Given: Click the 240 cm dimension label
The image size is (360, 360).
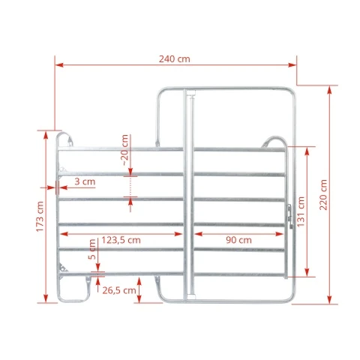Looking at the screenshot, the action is click(x=175, y=59).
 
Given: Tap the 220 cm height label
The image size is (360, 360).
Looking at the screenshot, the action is click(x=323, y=195).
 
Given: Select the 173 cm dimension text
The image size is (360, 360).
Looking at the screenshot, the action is click(x=40, y=217).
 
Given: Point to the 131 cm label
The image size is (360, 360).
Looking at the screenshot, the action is click(x=301, y=211).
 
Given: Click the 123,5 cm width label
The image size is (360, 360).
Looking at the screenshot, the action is click(x=121, y=240).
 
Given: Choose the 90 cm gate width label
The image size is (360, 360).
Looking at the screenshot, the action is click(x=238, y=240).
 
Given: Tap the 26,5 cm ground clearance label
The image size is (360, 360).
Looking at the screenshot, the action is click(x=119, y=290).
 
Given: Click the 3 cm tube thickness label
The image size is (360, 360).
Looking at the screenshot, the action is click(x=85, y=181).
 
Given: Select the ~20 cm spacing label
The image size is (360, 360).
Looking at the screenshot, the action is click(x=124, y=150).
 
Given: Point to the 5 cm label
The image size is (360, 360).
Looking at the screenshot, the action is click(x=92, y=249).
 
